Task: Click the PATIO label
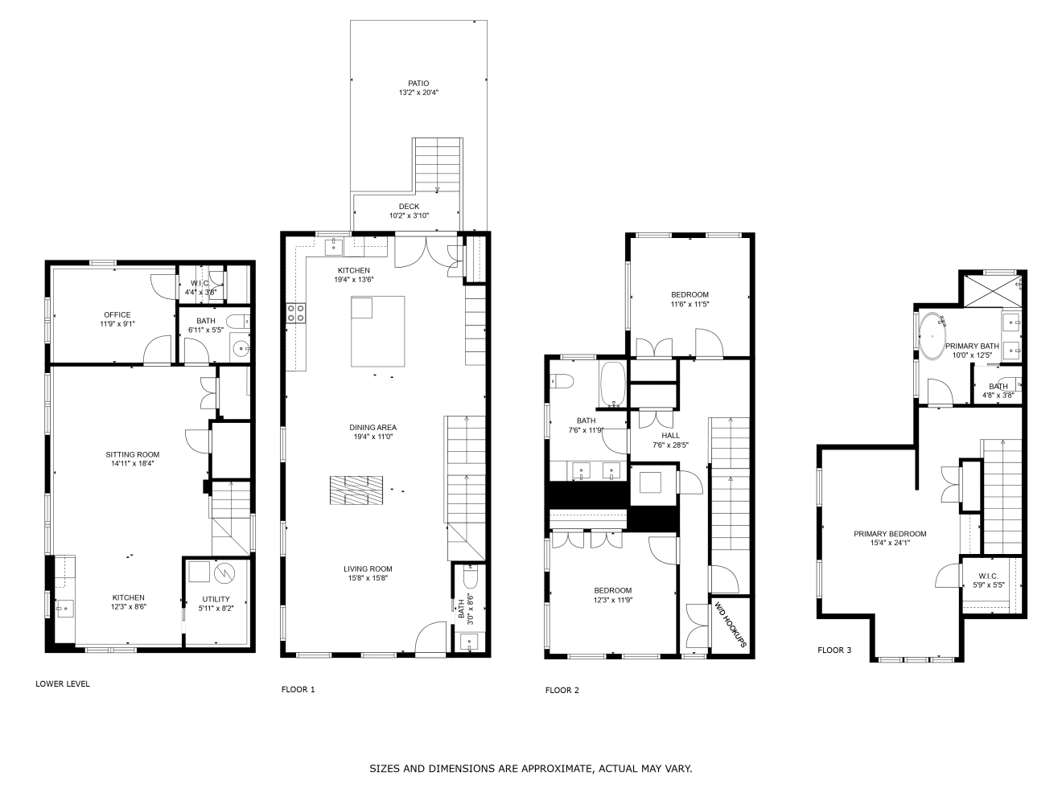[418, 83]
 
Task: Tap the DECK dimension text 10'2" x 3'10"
[409, 215]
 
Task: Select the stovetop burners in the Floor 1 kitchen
[295, 313]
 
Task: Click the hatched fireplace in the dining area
[356, 490]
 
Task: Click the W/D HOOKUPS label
[730, 624]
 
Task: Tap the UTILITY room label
[216, 599]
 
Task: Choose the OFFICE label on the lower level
[117, 314]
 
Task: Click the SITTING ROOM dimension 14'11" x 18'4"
[132, 463]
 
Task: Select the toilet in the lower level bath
[238, 322]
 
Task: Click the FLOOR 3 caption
[834, 650]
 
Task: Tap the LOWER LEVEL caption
[63, 684]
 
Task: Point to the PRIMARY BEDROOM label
[890, 534]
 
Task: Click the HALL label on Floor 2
[670, 436]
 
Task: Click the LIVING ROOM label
[368, 568]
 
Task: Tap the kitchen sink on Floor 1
[334, 247]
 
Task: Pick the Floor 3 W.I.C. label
[988, 576]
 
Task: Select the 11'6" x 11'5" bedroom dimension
[689, 304]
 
